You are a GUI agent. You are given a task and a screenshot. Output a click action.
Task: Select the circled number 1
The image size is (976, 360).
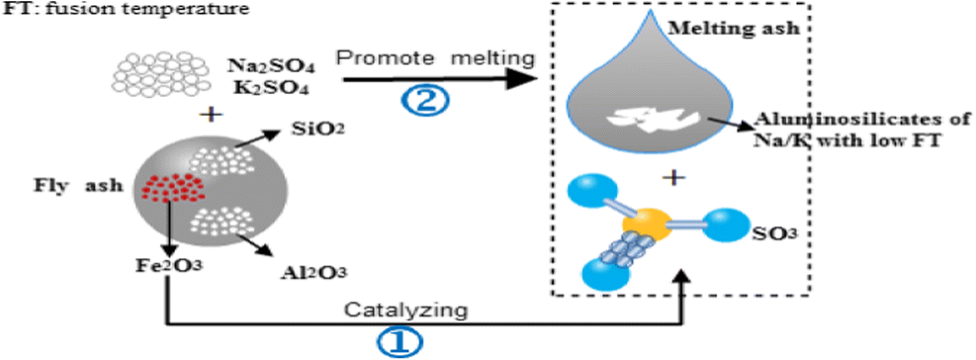click(x=396, y=342)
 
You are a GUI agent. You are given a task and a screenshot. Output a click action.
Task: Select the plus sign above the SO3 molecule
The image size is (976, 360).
click(x=673, y=178)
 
